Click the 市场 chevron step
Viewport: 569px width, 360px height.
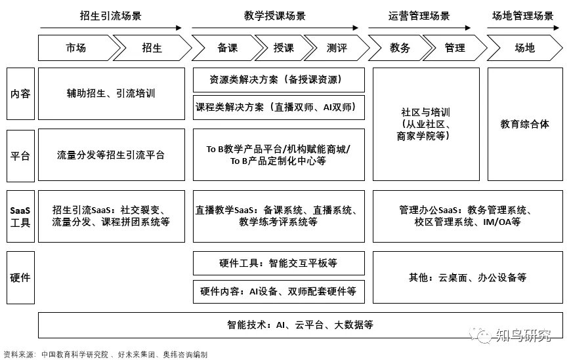coord(75,48)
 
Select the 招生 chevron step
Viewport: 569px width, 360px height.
coord(152,48)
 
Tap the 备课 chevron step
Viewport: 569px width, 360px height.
coord(226,48)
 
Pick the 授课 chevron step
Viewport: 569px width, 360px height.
coord(283,48)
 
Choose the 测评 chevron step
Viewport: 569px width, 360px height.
coord(337,48)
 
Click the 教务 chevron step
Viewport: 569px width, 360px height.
coord(400,48)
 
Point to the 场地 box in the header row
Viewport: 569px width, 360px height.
coord(524,48)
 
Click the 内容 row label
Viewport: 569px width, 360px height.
coord(20,94)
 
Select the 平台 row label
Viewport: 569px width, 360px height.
coord(20,155)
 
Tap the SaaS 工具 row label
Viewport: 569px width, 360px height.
coord(20,216)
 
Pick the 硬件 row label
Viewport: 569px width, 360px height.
coord(20,277)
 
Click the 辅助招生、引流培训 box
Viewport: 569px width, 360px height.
coord(110,94)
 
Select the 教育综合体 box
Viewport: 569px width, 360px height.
coord(524,124)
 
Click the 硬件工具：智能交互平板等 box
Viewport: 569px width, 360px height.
coord(278,264)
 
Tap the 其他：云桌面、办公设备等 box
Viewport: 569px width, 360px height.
coord(467,277)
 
